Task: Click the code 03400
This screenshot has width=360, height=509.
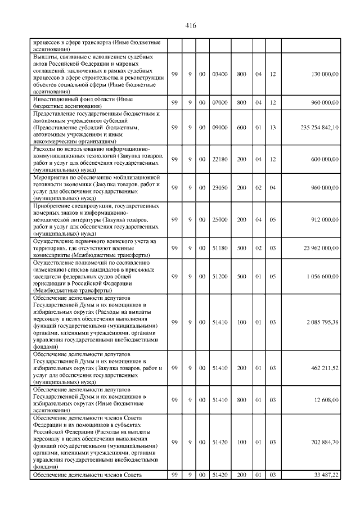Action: tap(220, 74)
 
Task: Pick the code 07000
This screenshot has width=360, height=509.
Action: tap(220, 102)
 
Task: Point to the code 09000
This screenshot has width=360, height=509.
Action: tap(220, 128)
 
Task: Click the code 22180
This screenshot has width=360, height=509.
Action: tap(220, 159)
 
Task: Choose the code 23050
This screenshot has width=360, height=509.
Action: tap(220, 188)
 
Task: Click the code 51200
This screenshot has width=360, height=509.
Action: tap(220, 277)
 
